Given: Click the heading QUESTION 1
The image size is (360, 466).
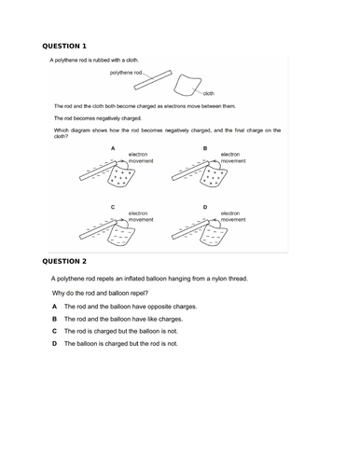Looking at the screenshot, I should click(64, 46).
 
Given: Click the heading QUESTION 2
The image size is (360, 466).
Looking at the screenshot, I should click(64, 262).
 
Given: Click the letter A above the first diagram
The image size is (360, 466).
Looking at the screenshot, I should click(113, 148).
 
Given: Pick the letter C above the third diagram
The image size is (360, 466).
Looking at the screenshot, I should click(113, 206).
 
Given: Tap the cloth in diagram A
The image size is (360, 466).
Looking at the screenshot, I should click(119, 175).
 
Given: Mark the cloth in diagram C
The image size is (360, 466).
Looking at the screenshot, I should click(119, 234).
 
